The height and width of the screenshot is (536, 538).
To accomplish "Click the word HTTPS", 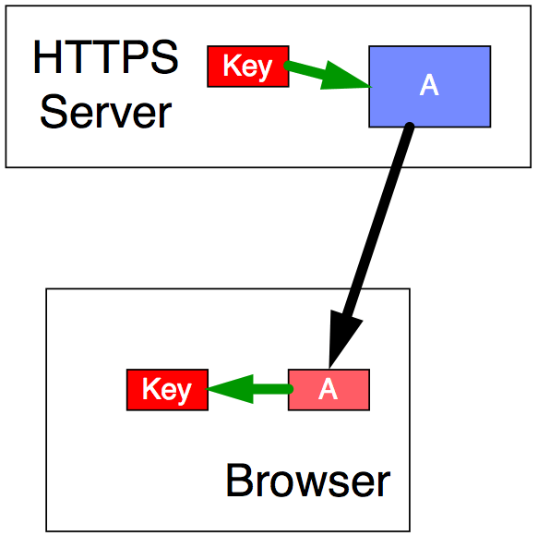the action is pos(106,56).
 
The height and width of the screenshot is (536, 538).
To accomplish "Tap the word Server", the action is pos(106,112).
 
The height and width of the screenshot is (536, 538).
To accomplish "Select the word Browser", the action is pos(308,481).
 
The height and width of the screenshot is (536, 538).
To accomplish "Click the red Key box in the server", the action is pos(248,67).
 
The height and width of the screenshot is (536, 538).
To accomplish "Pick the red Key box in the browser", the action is pos(167,390).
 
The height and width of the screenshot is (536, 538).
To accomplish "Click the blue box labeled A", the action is pos(430,87).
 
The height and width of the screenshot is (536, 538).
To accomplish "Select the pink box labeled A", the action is pos(329,390).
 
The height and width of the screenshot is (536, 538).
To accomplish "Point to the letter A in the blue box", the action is pos(429,85).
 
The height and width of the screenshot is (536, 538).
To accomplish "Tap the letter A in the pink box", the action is pos(328,389).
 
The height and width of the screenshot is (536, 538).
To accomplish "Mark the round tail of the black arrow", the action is pos(410,127).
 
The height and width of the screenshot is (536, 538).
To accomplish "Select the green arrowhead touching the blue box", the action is pos(343,77).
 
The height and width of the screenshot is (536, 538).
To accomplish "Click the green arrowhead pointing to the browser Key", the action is pos(233,389).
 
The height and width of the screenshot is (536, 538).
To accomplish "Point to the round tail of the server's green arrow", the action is pos(287,66).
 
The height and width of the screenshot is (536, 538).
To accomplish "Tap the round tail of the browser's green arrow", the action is pos(290,389).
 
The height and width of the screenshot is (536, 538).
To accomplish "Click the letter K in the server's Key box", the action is pos(231,65).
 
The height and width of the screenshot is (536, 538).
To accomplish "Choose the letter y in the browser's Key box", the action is pos(183,393).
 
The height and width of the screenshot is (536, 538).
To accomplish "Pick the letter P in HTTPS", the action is pos(132,56).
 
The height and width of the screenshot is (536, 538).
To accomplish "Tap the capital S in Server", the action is pos(53,112).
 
